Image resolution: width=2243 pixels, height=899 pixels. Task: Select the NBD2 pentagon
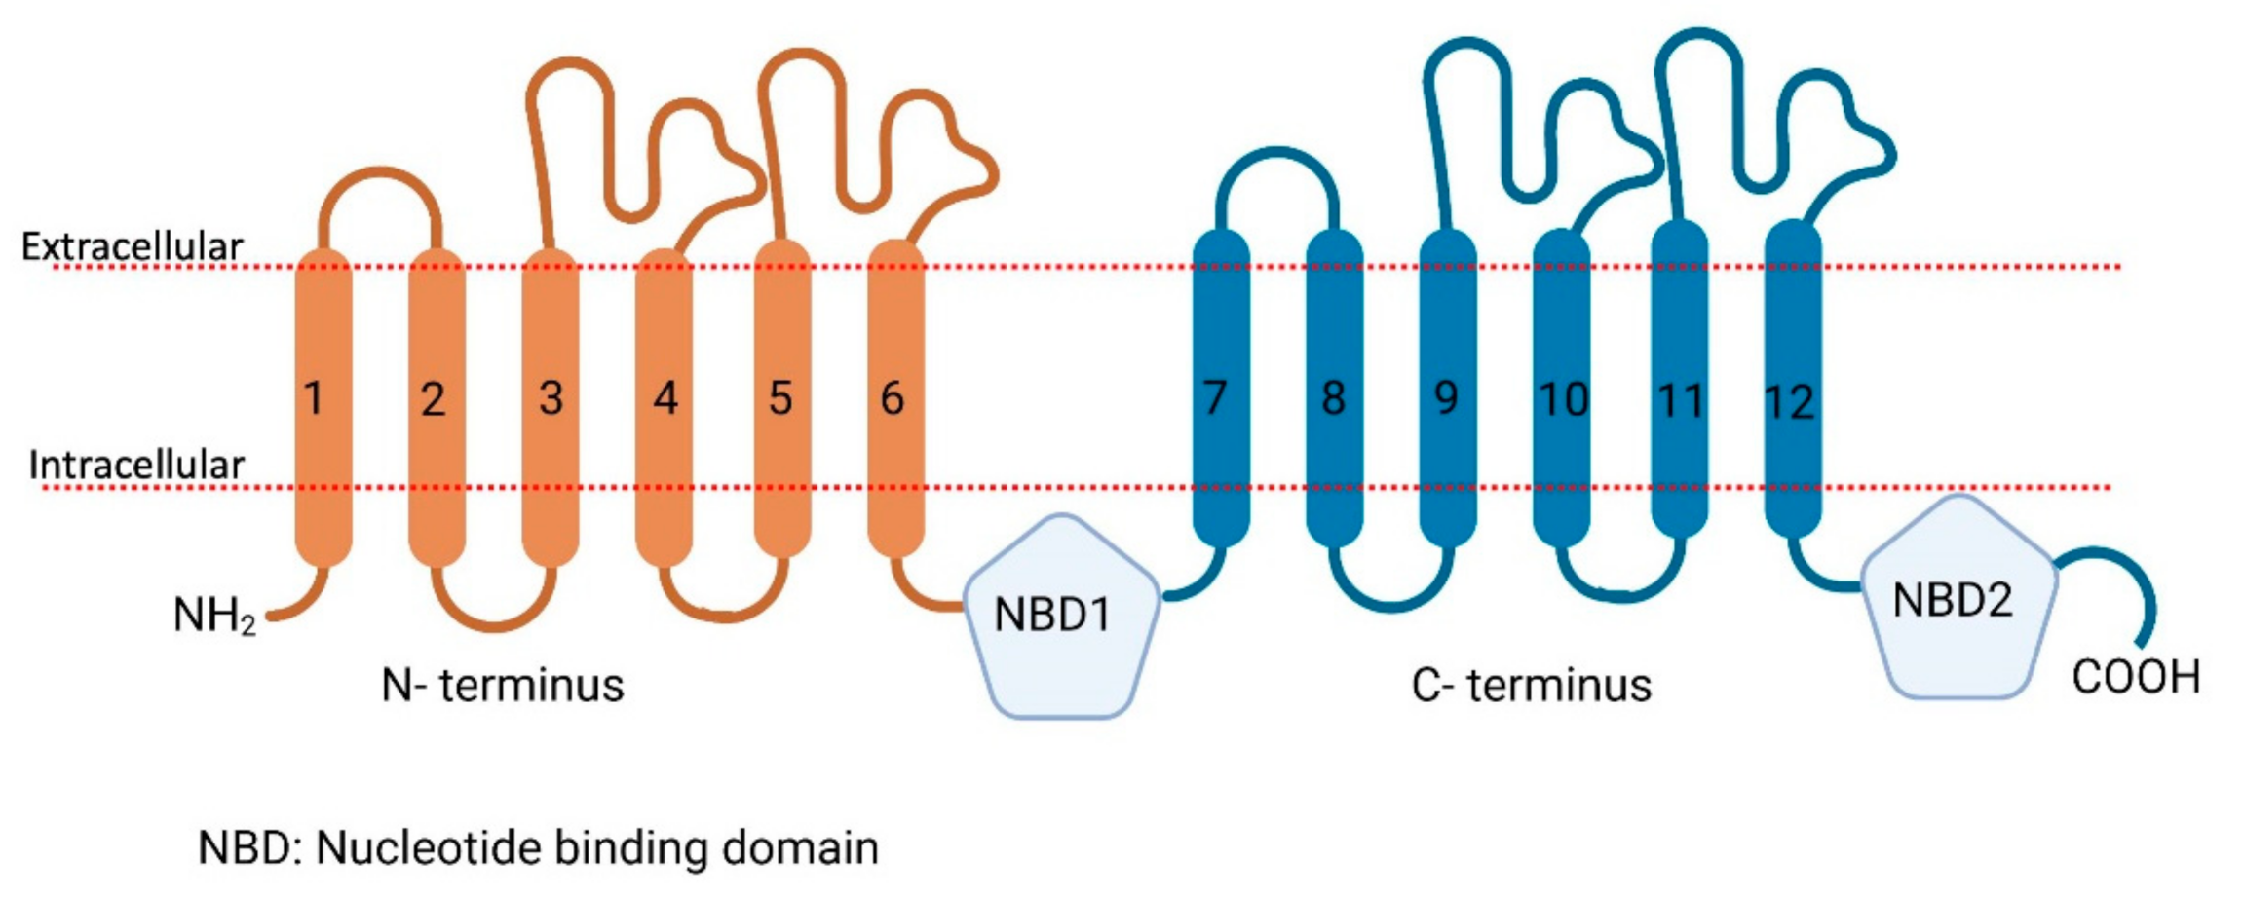1958,599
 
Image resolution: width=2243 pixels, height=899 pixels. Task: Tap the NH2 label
213,616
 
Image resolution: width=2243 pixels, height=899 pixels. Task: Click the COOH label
2137,678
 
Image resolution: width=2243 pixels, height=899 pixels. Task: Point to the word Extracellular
133,247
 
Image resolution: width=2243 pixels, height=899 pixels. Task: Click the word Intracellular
136,466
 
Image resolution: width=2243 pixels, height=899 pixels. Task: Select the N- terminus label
502,686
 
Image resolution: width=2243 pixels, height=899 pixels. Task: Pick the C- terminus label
1531,686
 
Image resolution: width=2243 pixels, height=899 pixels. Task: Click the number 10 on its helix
1563,399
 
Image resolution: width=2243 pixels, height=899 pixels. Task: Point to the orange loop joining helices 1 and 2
381,171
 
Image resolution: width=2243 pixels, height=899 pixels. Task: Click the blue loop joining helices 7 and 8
1277,153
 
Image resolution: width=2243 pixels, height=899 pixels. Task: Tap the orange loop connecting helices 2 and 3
495,623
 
